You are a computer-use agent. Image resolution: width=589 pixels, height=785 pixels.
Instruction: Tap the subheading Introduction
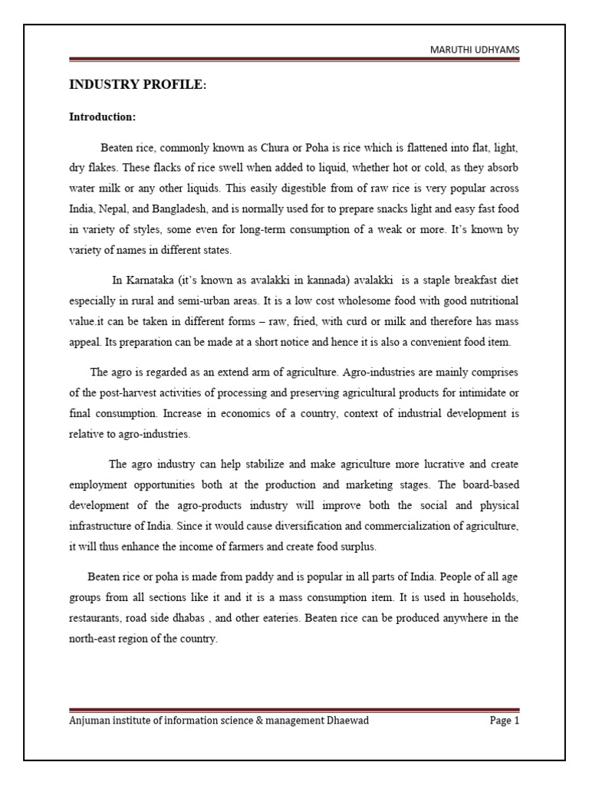click(103, 117)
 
